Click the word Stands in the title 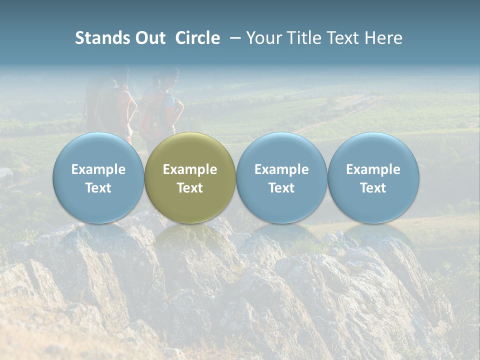point(102,38)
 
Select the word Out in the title point(149,38)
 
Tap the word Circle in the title point(197,38)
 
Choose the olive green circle point(190,178)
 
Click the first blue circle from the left point(98,178)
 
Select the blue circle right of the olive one point(281,178)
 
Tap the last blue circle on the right point(373,178)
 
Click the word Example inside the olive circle point(190,169)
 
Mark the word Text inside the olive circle point(190,188)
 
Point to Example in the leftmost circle point(98,169)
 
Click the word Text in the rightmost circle point(373,188)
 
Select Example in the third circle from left point(281,169)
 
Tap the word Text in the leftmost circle point(98,188)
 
